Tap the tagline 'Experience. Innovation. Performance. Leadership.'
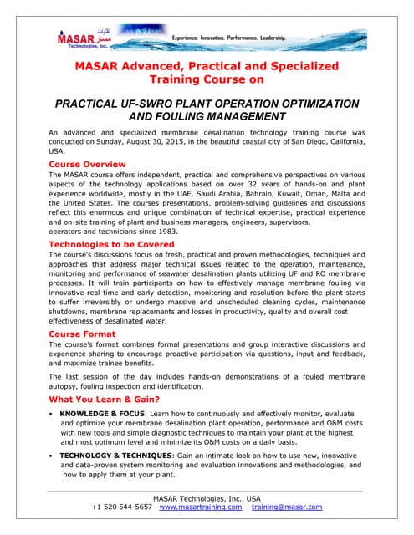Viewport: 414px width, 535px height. click(229, 38)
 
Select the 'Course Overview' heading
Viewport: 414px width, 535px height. click(87, 165)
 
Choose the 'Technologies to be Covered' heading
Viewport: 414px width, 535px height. click(111, 244)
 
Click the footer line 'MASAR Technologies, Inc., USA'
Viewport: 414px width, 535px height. click(206, 498)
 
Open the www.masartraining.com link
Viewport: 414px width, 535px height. click(200, 507)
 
